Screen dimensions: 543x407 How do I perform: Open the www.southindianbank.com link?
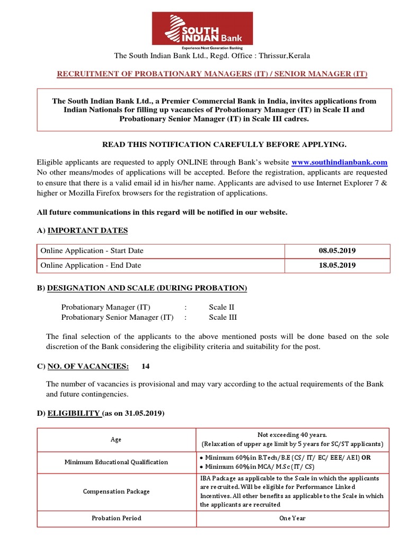[x=339, y=162]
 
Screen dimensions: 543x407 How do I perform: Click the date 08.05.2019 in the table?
[x=337, y=251]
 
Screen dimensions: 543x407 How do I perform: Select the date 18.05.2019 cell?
[x=337, y=265]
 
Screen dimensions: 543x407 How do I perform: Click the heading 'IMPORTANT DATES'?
[x=87, y=230]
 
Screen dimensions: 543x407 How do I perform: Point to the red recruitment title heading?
[x=212, y=74]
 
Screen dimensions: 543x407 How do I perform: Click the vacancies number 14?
[x=146, y=366]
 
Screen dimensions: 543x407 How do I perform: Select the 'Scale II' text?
[x=222, y=307]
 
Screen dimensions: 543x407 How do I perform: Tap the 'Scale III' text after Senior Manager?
[x=223, y=318]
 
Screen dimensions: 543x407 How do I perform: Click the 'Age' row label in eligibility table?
[x=116, y=440]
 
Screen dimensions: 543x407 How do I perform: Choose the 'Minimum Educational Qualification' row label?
[x=116, y=462]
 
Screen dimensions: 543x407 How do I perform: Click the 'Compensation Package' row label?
[x=116, y=492]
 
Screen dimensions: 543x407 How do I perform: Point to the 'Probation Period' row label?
[x=116, y=518]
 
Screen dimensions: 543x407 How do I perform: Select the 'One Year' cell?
[x=293, y=518]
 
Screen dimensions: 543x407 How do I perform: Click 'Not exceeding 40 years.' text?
[x=293, y=434]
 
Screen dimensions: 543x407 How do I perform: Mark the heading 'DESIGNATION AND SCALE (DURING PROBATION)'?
[x=147, y=288]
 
